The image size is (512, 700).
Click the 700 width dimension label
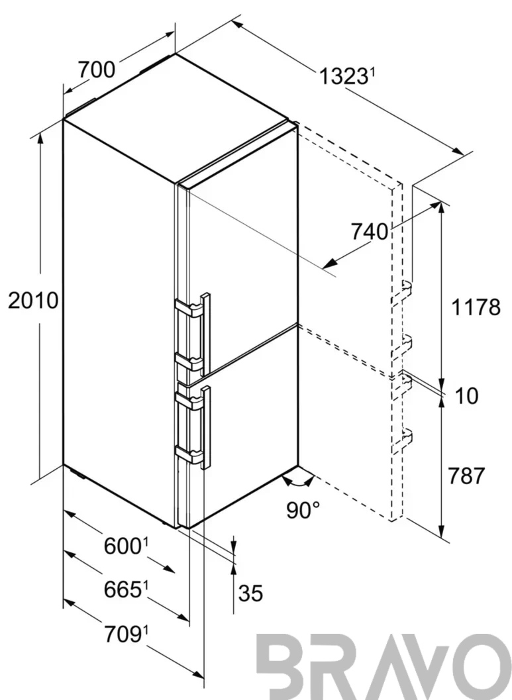coord(97,70)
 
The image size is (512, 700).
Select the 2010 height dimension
coord(33,301)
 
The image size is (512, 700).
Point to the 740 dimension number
coord(369,232)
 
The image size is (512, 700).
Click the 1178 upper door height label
coord(476,307)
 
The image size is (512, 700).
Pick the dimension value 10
coord(466,395)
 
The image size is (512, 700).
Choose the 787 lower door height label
coord(466,476)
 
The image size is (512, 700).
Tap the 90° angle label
coord(303,510)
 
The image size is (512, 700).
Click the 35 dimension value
coord(250,593)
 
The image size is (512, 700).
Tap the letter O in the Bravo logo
coord(488,667)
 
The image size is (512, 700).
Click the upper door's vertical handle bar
coord(206,334)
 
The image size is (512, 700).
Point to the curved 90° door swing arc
coord(299,483)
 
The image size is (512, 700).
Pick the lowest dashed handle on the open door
coord(402,440)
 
